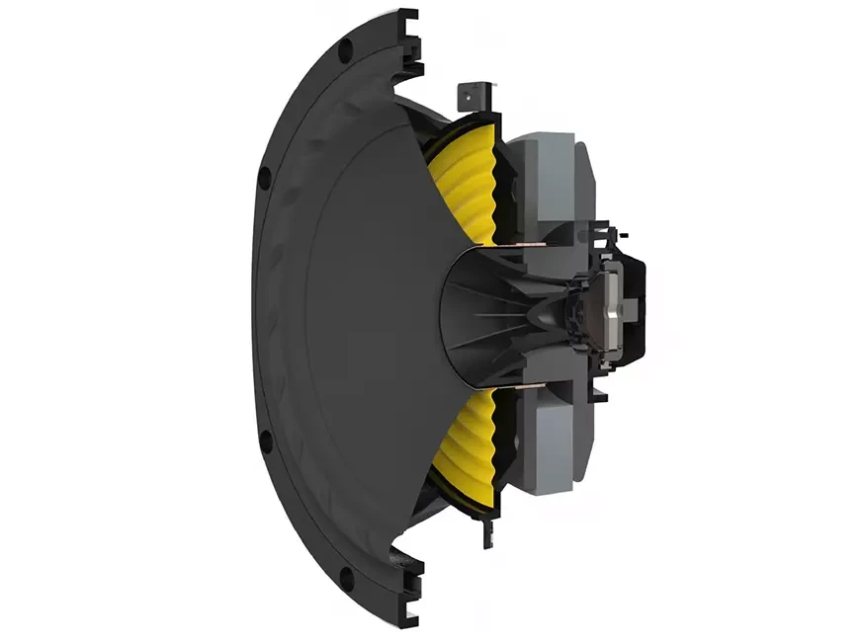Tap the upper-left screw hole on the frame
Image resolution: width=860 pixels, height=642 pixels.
click(265, 179)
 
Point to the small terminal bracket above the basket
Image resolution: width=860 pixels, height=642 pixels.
click(472, 97)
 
